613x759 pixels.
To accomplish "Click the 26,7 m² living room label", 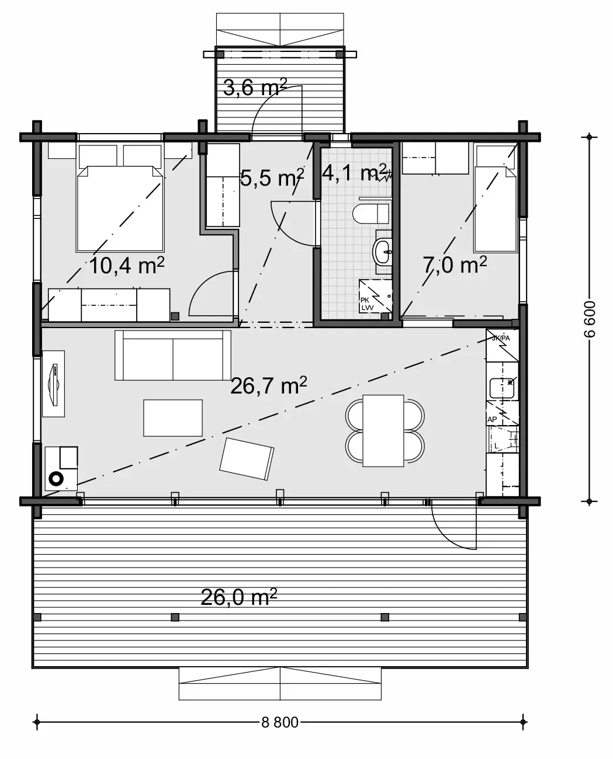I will point(269,386).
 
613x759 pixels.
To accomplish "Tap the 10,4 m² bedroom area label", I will point(127,266).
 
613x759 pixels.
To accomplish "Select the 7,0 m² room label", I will point(455,265).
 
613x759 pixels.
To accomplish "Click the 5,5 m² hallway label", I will point(272,177).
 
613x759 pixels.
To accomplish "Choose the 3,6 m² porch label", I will point(255,88).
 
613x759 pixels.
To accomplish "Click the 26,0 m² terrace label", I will point(238,597).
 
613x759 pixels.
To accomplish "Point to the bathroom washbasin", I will point(383,252).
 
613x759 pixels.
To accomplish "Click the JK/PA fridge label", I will point(501,337).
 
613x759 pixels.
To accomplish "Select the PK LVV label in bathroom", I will point(366,304).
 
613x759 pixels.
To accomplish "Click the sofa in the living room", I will point(172,354).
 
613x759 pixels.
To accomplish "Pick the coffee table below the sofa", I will point(172,417).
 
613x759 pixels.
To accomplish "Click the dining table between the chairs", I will point(383,430).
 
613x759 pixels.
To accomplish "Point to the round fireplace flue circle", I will point(56,478).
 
